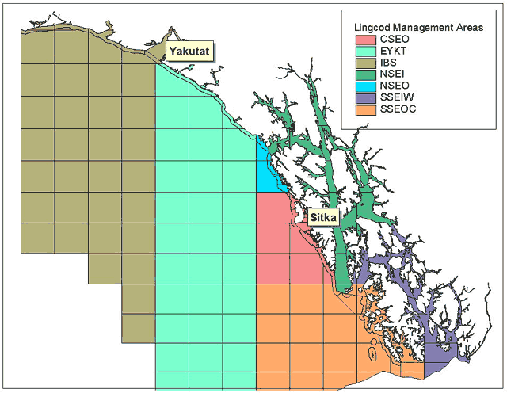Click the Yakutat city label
(x=189, y=52)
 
